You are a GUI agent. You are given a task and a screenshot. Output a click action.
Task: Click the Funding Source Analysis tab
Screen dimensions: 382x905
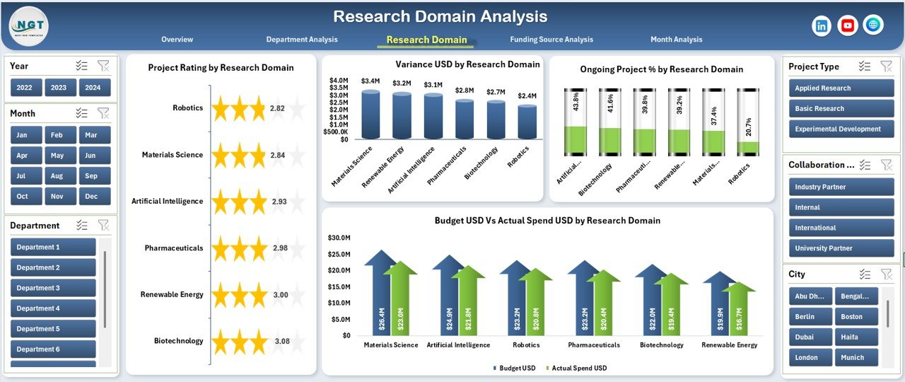tap(551, 40)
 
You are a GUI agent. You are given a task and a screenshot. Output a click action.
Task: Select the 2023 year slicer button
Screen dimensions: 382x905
tap(59, 88)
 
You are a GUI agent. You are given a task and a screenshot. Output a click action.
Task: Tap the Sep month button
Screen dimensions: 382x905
tap(90, 176)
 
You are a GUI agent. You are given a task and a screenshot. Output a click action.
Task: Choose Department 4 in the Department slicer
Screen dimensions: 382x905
tap(53, 308)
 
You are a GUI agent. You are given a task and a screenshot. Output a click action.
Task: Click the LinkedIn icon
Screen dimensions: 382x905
tap(822, 25)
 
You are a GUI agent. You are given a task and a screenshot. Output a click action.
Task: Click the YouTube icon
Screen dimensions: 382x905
tap(848, 25)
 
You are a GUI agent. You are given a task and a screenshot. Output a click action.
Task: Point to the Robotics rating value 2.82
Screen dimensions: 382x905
tap(277, 108)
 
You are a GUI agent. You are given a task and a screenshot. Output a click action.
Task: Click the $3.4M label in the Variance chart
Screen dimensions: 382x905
tap(370, 81)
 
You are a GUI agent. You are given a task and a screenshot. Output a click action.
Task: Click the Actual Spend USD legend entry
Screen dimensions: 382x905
tap(578, 368)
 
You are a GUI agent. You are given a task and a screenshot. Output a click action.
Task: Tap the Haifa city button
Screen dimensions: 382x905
tap(856, 337)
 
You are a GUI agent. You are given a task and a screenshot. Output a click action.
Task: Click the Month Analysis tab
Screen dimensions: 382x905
tap(676, 40)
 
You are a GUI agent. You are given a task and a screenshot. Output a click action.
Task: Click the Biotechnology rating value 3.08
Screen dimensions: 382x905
tap(281, 341)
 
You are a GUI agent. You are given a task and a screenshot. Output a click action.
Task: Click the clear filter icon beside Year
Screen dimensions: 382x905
tap(103, 66)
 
